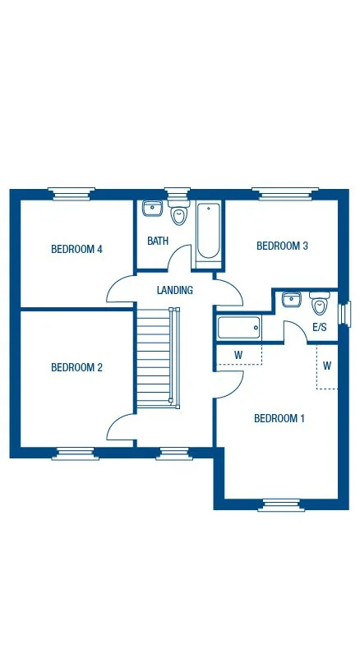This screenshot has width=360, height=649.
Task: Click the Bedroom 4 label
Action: click(x=76, y=249)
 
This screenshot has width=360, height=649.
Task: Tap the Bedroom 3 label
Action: click(x=282, y=246)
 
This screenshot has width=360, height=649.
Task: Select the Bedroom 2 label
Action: click(x=76, y=367)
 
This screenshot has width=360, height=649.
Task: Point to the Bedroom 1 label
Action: click(x=279, y=418)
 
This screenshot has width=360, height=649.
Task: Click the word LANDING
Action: click(x=174, y=290)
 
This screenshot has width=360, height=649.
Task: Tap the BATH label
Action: click(x=158, y=241)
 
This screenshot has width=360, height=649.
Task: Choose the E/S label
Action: click(x=320, y=327)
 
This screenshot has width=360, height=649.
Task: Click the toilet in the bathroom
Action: click(x=178, y=215)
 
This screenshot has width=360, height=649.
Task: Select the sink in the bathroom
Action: click(x=152, y=209)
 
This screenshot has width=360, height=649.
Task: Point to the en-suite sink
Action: click(x=291, y=300)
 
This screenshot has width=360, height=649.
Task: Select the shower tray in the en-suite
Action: click(x=238, y=329)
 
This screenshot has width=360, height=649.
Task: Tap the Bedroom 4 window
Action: click(x=69, y=193)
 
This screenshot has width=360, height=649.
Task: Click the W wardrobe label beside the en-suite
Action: click(x=238, y=355)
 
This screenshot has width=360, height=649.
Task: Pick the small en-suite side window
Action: click(x=344, y=315)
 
